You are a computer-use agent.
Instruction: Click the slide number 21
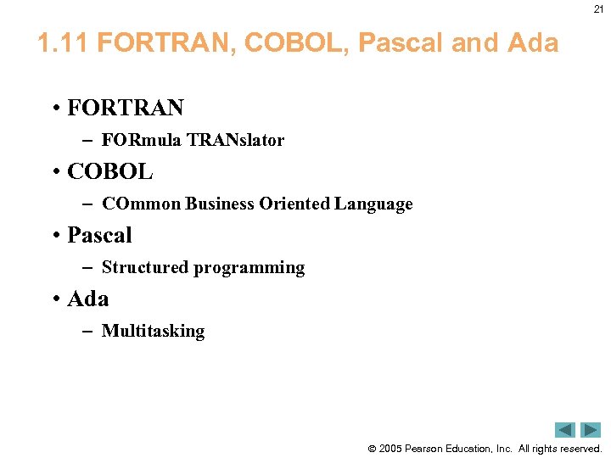598,8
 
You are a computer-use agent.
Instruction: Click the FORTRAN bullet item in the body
125,109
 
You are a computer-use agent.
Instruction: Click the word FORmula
141,140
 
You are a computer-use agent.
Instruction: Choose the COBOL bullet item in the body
109,172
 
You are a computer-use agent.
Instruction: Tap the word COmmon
141,204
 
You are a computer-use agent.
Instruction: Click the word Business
222,204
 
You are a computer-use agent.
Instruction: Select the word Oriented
298,204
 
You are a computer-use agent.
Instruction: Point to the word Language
373,204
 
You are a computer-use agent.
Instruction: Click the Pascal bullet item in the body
99,235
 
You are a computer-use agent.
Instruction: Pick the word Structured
145,267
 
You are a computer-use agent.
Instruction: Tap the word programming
249,267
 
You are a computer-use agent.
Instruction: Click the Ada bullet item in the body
87,299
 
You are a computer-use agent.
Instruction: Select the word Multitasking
153,331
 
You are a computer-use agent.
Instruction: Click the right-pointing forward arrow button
591,430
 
